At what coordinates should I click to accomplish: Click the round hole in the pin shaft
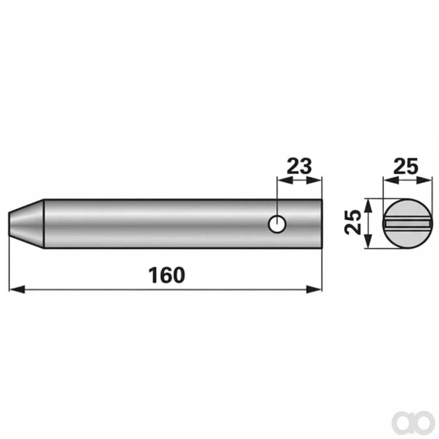(277, 224)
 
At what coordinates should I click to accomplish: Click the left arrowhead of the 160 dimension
(17, 289)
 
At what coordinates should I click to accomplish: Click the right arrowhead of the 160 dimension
(314, 289)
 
